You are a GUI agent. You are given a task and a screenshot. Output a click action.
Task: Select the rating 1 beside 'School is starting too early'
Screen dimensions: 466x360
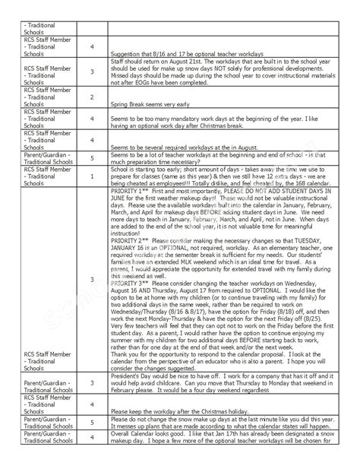coord(92,176)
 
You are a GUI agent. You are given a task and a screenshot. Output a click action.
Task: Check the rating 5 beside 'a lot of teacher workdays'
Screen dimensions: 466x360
coord(92,158)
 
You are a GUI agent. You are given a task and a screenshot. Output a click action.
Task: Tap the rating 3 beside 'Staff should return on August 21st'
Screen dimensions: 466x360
coord(92,72)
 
